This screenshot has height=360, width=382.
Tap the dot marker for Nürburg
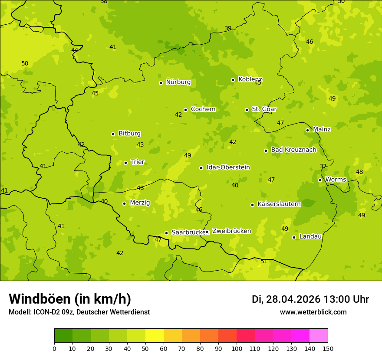161,83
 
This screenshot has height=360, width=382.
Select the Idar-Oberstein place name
228,167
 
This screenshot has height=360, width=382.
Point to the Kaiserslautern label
279,204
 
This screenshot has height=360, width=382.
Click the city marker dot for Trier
125,163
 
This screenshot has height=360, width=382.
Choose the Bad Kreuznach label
293,150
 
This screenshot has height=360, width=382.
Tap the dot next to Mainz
307,130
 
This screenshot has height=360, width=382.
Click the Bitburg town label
129,134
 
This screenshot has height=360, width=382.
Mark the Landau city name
310,236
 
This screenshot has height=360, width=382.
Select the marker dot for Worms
320,180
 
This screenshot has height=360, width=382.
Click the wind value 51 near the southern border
264,262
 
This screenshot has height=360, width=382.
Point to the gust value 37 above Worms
323,167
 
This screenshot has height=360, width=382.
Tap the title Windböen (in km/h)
70,299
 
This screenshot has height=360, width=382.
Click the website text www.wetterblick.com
313,312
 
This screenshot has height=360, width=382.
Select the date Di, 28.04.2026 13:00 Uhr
310,299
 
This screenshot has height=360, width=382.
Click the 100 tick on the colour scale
237,348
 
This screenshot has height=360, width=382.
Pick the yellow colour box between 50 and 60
155,336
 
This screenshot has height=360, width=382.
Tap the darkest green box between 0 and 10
63,336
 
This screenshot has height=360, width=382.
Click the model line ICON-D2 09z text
79,312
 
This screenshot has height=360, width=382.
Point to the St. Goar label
264,109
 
